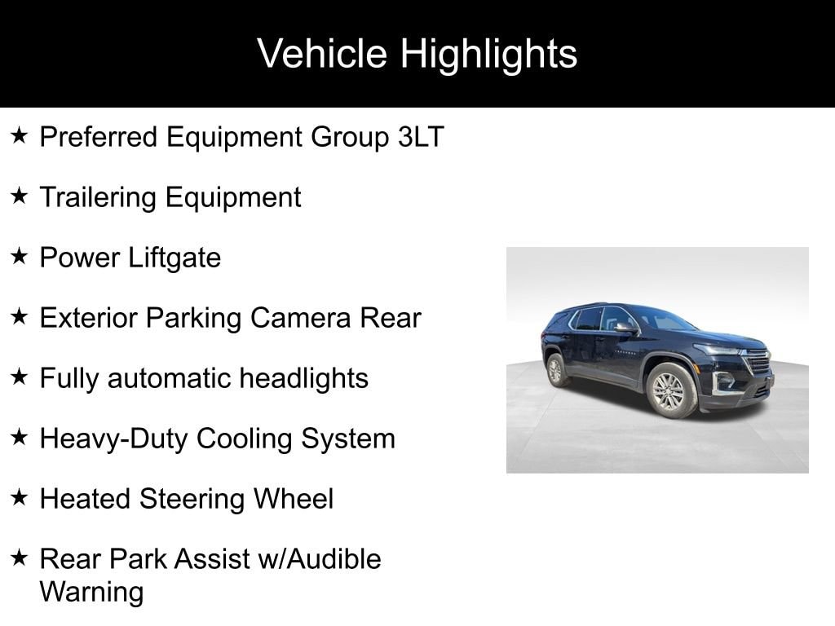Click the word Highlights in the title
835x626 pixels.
click(x=488, y=55)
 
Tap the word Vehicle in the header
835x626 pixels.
click(x=321, y=53)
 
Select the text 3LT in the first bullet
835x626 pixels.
click(x=421, y=137)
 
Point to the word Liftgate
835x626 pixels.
click(x=175, y=258)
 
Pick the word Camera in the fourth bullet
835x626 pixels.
click(x=300, y=318)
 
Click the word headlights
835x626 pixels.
click(x=303, y=378)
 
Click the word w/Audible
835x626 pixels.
click(x=320, y=559)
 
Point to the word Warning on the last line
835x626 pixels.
click(x=91, y=593)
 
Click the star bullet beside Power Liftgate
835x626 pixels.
click(x=20, y=257)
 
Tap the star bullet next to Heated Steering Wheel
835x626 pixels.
click(x=20, y=498)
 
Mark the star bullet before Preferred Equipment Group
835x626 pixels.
click(x=20, y=136)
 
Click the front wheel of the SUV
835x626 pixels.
click(x=670, y=390)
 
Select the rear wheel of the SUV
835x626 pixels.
click(x=556, y=369)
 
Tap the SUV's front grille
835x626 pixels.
click(x=758, y=362)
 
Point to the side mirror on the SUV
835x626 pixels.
click(x=625, y=328)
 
